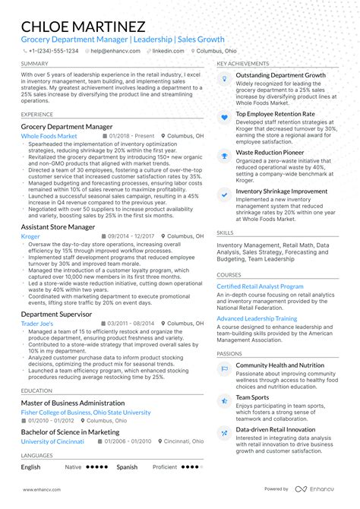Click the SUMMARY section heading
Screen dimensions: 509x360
tap(35, 63)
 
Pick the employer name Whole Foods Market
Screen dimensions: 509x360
tap(49, 136)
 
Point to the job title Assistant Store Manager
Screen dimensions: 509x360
tap(58, 227)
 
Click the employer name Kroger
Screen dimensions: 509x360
tap(30, 236)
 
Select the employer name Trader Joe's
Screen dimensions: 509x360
tap(37, 323)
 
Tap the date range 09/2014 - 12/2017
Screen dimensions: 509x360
tap(131, 236)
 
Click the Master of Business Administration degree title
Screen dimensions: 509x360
tap(72, 403)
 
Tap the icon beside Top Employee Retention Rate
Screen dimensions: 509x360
tap(224, 117)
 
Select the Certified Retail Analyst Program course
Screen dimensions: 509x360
tap(260, 286)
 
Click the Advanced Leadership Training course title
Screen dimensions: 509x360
tap(257, 319)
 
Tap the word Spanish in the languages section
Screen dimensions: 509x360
tap(127, 467)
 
